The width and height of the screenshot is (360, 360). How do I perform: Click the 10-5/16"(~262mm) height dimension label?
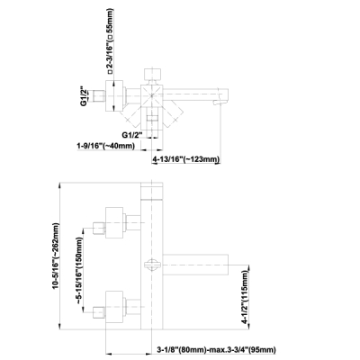coord(56,256)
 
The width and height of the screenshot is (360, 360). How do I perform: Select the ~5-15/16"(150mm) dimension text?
coord(79,271)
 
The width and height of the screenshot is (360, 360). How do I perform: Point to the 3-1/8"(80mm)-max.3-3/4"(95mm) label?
coord(216,349)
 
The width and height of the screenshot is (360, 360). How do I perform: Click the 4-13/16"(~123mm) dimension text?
coord(186,159)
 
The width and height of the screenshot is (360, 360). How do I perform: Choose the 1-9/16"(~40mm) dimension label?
coord(106,146)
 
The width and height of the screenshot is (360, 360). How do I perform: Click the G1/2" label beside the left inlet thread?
coord(83,96)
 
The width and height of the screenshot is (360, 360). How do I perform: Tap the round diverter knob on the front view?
coord(152,265)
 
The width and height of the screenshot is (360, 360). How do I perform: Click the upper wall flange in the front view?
coord(114,222)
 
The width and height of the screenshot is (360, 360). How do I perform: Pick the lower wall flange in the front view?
coord(114,307)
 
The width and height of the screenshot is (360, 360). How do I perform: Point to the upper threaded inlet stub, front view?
coord(99,229)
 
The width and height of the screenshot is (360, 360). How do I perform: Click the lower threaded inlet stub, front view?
coord(99,313)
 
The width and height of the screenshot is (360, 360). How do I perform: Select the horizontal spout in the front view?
coord(195,265)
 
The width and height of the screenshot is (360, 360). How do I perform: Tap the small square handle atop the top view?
coord(153,74)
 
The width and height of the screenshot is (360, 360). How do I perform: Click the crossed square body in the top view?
coord(152,95)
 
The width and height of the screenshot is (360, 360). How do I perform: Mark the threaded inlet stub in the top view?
coord(99,96)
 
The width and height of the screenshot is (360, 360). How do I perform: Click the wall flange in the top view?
coord(114,96)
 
